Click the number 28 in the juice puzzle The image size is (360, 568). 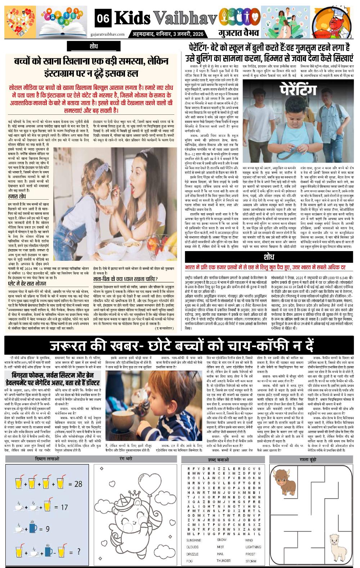(78, 484)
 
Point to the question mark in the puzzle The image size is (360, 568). (78, 551)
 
